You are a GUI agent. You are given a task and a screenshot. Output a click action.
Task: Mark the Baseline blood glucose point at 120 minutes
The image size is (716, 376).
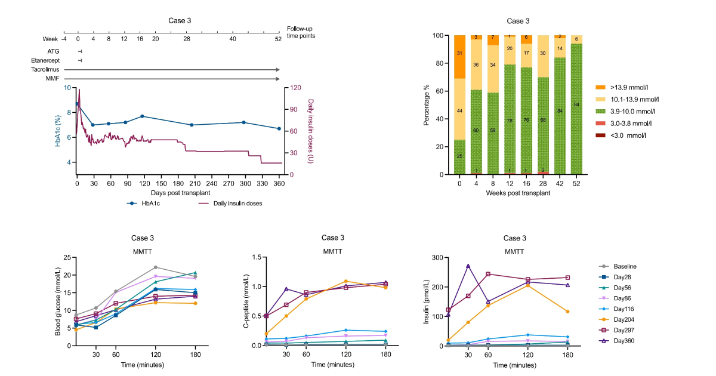pyautogui.click(x=155, y=267)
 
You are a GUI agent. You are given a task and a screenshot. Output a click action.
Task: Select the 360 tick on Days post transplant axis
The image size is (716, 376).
pyautogui.click(x=279, y=184)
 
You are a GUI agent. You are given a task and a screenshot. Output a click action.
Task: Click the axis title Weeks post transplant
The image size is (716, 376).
pyautogui.click(x=518, y=193)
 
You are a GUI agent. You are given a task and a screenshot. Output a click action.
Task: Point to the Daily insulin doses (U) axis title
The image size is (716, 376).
pyautogui.click(x=311, y=131)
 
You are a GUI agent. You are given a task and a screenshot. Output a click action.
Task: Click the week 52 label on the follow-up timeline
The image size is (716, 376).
pyautogui.click(x=278, y=39)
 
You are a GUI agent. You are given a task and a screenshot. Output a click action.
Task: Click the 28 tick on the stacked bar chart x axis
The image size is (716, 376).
pyautogui.click(x=541, y=184)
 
